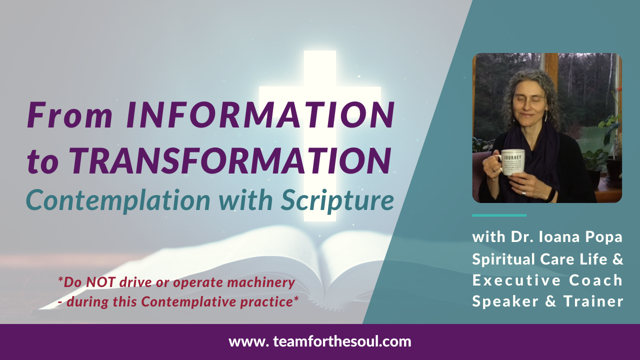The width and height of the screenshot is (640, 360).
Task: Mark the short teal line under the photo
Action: [x=499, y=215]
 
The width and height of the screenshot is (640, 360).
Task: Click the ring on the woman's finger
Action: [x=523, y=192]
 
